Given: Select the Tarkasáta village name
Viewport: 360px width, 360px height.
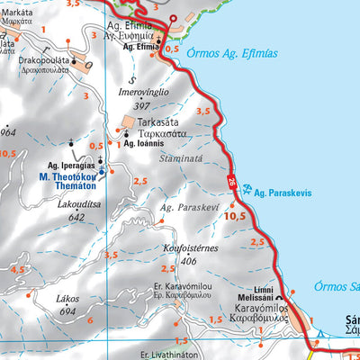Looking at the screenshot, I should pyautogui.click(x=154, y=121).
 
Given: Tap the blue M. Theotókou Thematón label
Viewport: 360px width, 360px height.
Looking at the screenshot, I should pyautogui.click(x=75, y=177).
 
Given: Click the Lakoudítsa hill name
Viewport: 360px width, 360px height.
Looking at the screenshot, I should pyautogui.click(x=76, y=204).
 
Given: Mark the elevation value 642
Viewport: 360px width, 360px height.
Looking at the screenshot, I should pyautogui.click(x=76, y=217).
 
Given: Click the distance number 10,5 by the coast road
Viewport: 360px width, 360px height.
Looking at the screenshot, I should pyautogui.click(x=235, y=216).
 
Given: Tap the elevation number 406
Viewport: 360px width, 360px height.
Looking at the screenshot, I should pyautogui.click(x=188, y=262).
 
